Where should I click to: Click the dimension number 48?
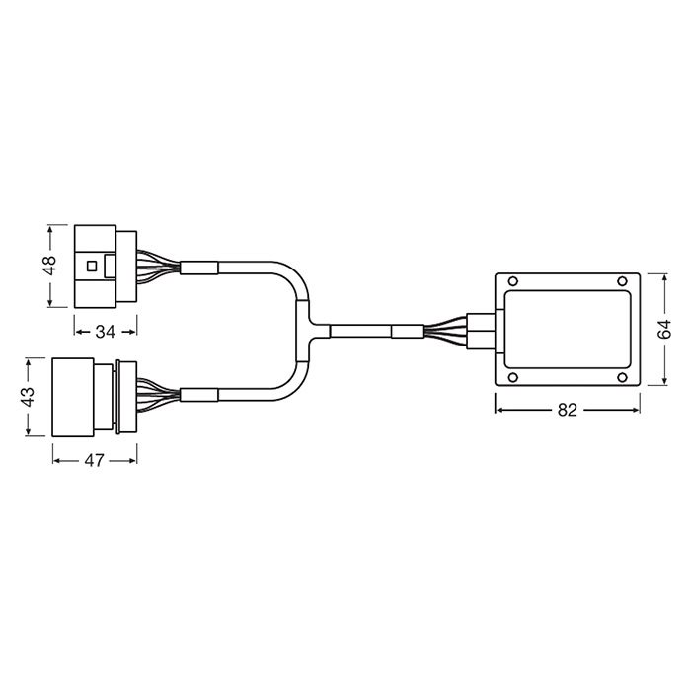click(x=50, y=266)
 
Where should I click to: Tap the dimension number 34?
click(x=106, y=332)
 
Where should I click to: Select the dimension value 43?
click(x=29, y=397)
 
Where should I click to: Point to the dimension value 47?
click(x=95, y=461)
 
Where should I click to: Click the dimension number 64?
click(x=664, y=329)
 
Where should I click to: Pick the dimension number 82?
click(x=568, y=411)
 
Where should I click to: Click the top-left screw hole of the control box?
click(x=513, y=281)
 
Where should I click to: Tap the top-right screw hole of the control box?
click(x=622, y=281)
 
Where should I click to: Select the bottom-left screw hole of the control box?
click(x=513, y=377)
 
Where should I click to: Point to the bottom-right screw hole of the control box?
click(x=622, y=377)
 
